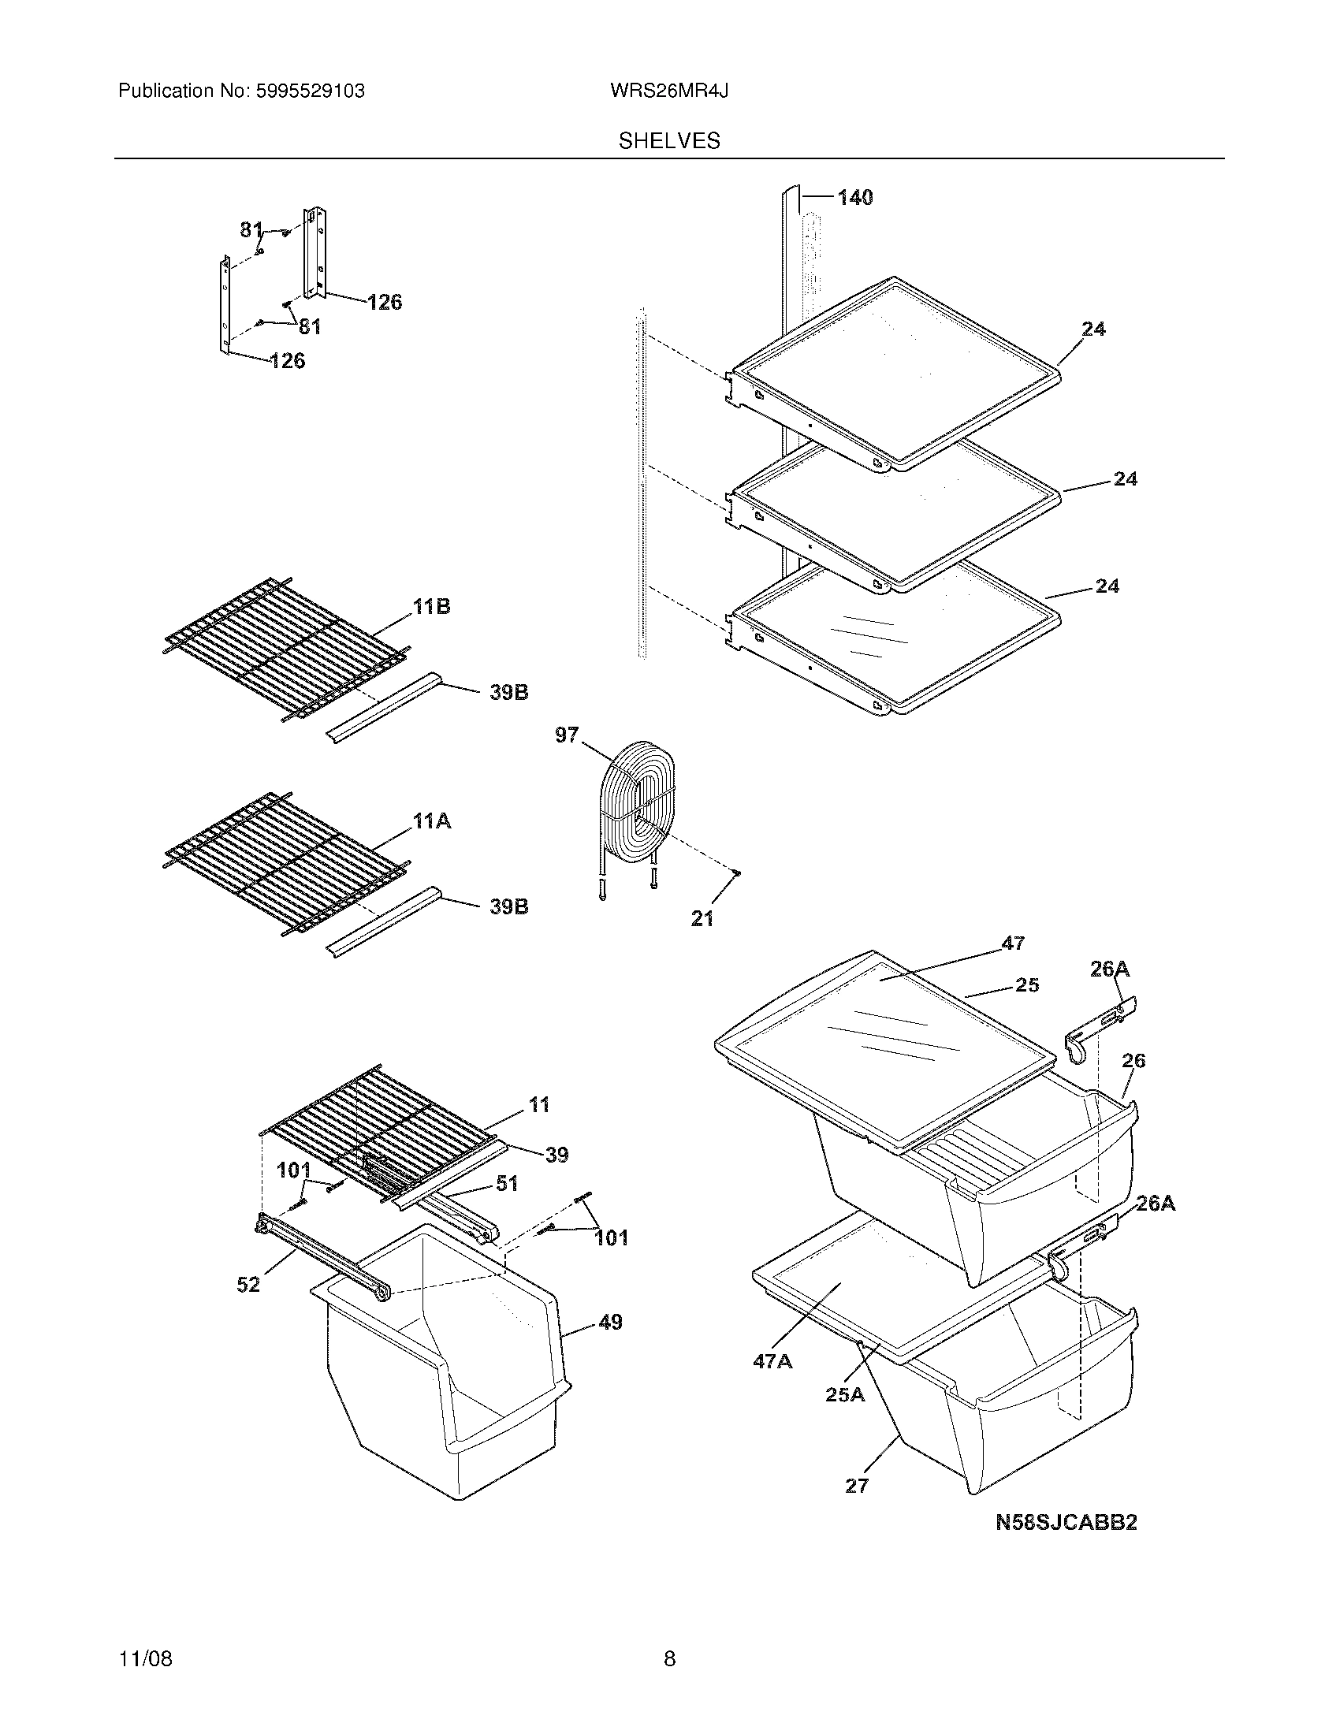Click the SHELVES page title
click(668, 141)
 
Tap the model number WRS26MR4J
click(668, 91)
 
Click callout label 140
click(854, 197)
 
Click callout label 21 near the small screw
click(702, 918)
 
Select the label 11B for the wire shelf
click(431, 607)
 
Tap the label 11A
click(431, 821)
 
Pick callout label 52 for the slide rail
click(248, 1284)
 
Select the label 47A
click(772, 1361)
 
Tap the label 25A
click(845, 1394)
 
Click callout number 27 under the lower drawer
click(857, 1485)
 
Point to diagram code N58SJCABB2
click(1066, 1522)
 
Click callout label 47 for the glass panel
click(1012, 943)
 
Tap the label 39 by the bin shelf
click(556, 1155)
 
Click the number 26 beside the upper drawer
click(1133, 1060)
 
